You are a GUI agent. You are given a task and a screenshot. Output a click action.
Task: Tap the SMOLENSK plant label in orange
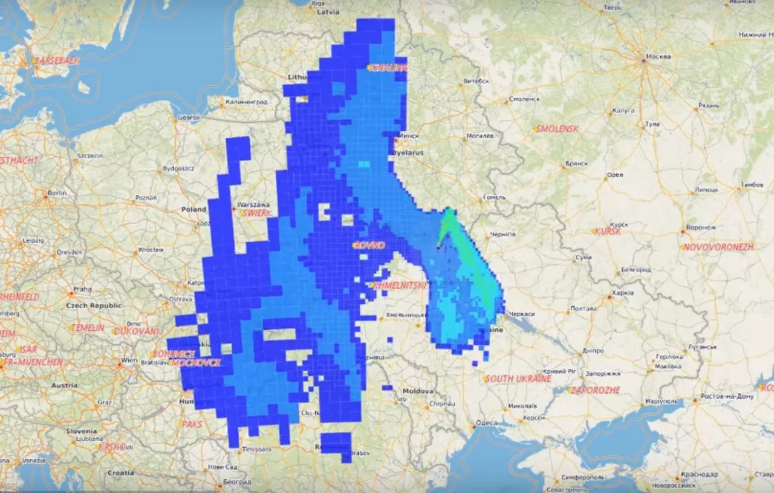coord(558,129)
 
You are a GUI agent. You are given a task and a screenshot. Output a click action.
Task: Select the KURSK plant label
coord(608,231)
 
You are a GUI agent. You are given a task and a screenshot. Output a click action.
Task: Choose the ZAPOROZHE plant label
coord(596,390)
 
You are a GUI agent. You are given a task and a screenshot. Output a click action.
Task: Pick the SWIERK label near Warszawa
coord(256,213)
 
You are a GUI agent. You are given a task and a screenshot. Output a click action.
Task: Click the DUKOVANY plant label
coord(137,331)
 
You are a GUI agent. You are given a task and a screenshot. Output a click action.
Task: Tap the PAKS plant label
coord(192,424)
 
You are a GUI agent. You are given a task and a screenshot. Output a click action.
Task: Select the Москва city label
coord(658,57)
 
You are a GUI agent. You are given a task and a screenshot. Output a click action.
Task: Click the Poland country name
coord(193,209)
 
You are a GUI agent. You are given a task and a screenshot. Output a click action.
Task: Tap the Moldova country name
coord(418,391)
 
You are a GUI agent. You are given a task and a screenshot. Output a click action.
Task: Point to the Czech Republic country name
coord(96,305)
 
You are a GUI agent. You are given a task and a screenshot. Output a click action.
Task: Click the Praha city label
coord(82,289)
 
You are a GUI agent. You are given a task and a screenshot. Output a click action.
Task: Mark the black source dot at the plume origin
coord(438,247)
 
